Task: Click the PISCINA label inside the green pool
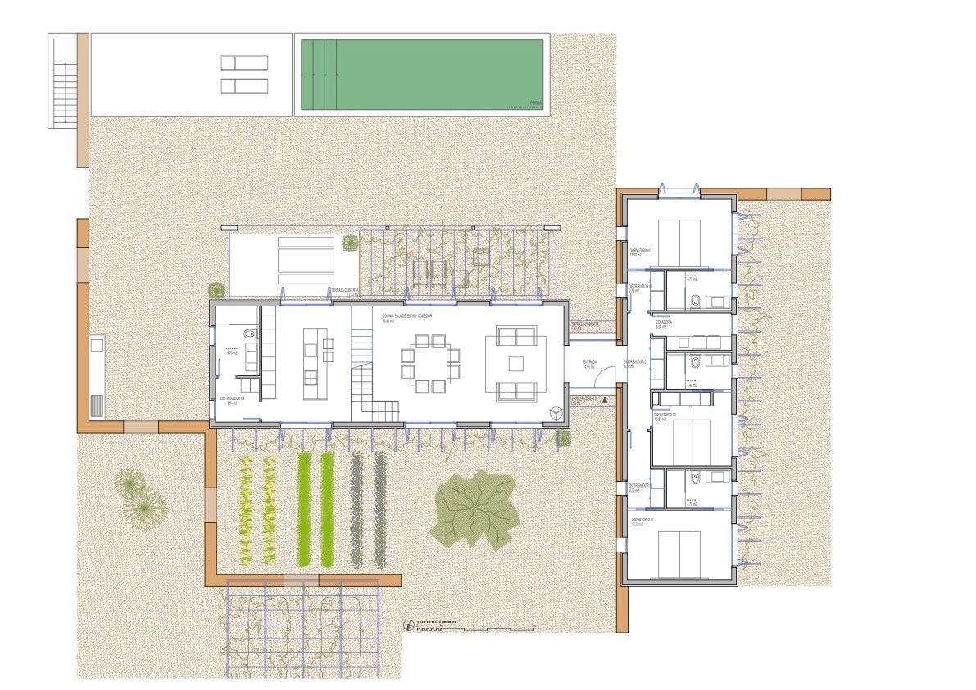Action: tap(535, 103)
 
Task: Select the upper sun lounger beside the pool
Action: tap(244, 62)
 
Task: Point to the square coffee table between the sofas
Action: tap(515, 362)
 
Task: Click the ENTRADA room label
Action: tap(590, 361)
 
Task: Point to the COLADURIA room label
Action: tap(664, 323)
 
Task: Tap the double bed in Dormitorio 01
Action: tap(679, 553)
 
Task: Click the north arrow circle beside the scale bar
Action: tap(410, 626)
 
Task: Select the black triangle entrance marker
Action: tap(605, 401)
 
